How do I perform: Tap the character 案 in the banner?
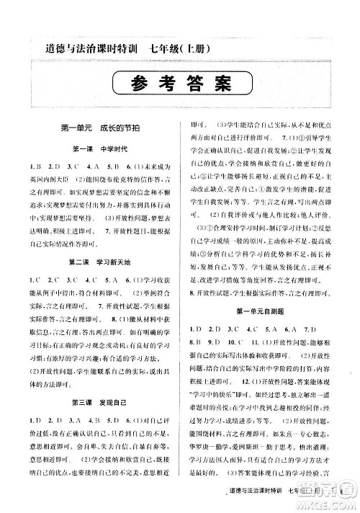click(x=220, y=84)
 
